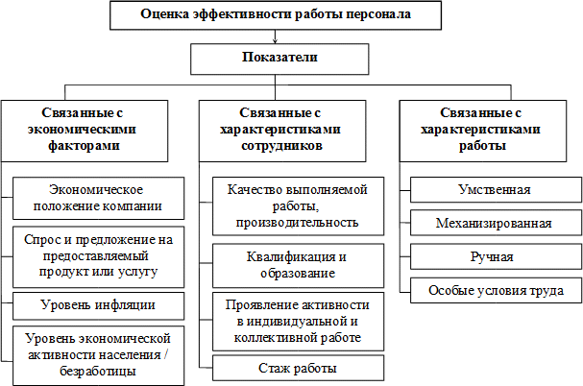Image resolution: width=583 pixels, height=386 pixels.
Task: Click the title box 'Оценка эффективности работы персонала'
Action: (x=276, y=14)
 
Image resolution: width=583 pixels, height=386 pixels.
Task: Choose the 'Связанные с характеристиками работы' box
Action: (x=489, y=129)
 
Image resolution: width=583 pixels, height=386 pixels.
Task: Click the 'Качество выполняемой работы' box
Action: (x=297, y=204)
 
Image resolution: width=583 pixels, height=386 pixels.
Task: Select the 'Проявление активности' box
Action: (x=297, y=320)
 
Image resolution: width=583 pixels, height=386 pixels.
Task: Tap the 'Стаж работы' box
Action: (x=297, y=368)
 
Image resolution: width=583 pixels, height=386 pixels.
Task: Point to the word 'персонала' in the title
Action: (x=377, y=14)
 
